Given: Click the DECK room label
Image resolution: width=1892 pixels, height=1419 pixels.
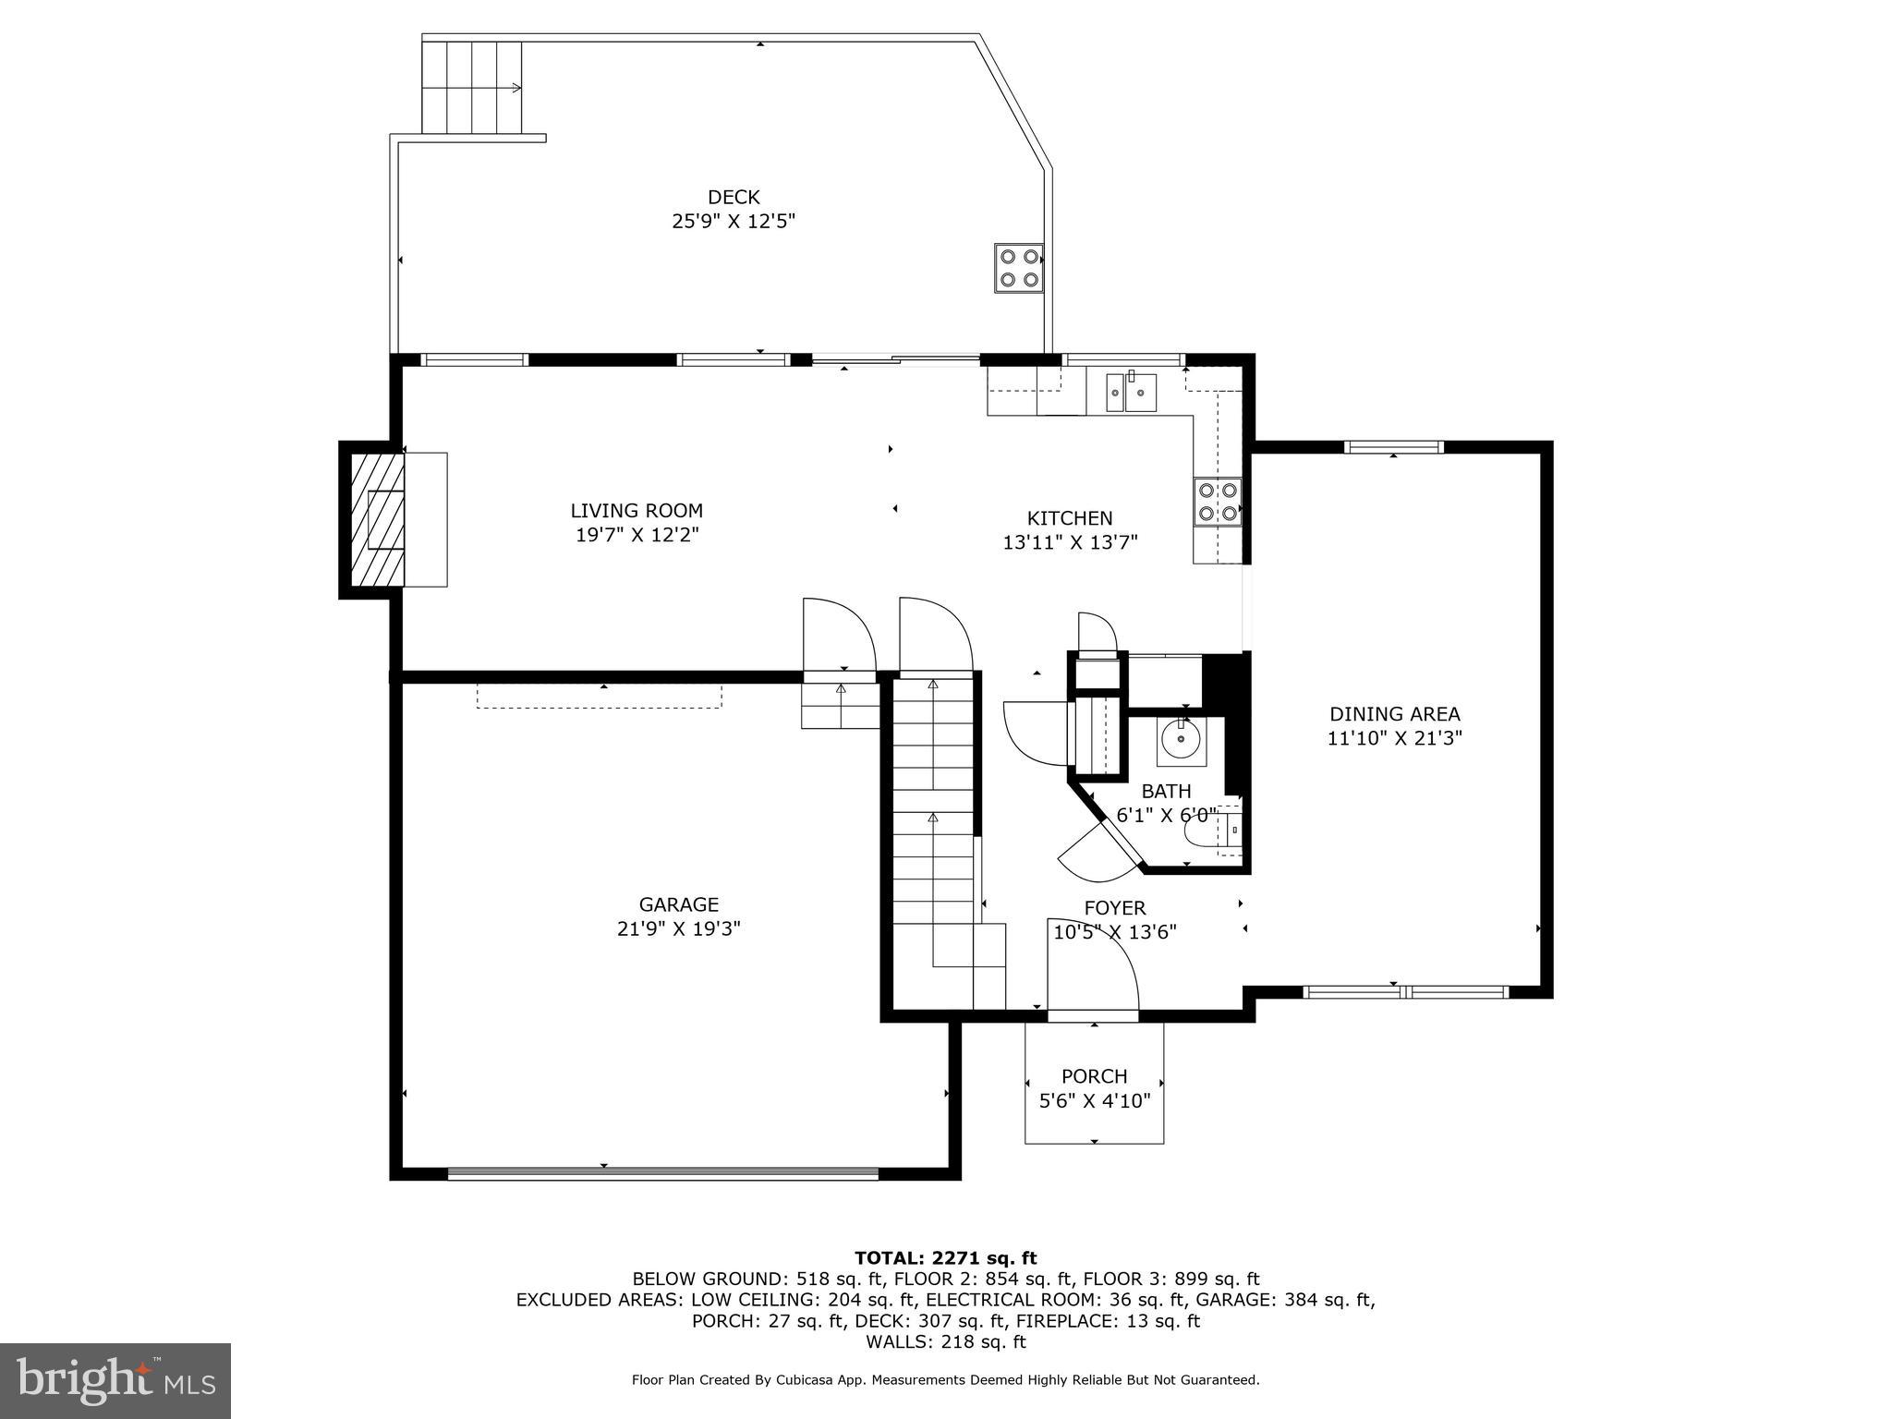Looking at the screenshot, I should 734,197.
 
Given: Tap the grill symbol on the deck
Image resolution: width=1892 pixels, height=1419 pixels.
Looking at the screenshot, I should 1019,268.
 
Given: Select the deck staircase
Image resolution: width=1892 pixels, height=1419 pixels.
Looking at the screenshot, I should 472,87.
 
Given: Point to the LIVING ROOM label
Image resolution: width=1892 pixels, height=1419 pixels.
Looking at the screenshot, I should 637,511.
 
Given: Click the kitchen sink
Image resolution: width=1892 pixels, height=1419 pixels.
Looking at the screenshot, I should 1132,393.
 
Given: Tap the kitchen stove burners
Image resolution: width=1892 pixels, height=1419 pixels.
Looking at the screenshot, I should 1218,502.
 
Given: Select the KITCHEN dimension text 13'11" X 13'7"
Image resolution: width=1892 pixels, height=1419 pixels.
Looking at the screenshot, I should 1070,542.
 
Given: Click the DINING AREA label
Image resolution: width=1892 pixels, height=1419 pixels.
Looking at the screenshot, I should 1394,714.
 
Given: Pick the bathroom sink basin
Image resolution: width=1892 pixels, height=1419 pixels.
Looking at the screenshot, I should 1181,740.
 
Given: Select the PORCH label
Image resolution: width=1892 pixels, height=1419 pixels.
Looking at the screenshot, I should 1094,1076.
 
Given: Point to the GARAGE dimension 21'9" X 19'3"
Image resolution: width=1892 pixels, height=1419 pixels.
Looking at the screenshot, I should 679,928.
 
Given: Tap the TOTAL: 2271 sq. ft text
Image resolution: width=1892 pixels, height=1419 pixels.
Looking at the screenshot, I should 945,1257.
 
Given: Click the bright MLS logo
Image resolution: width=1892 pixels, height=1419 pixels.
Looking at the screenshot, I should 115,1380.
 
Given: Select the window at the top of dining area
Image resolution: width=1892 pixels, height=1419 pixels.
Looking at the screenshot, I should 1393,447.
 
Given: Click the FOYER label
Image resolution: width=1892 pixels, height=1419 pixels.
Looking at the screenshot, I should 1115,908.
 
